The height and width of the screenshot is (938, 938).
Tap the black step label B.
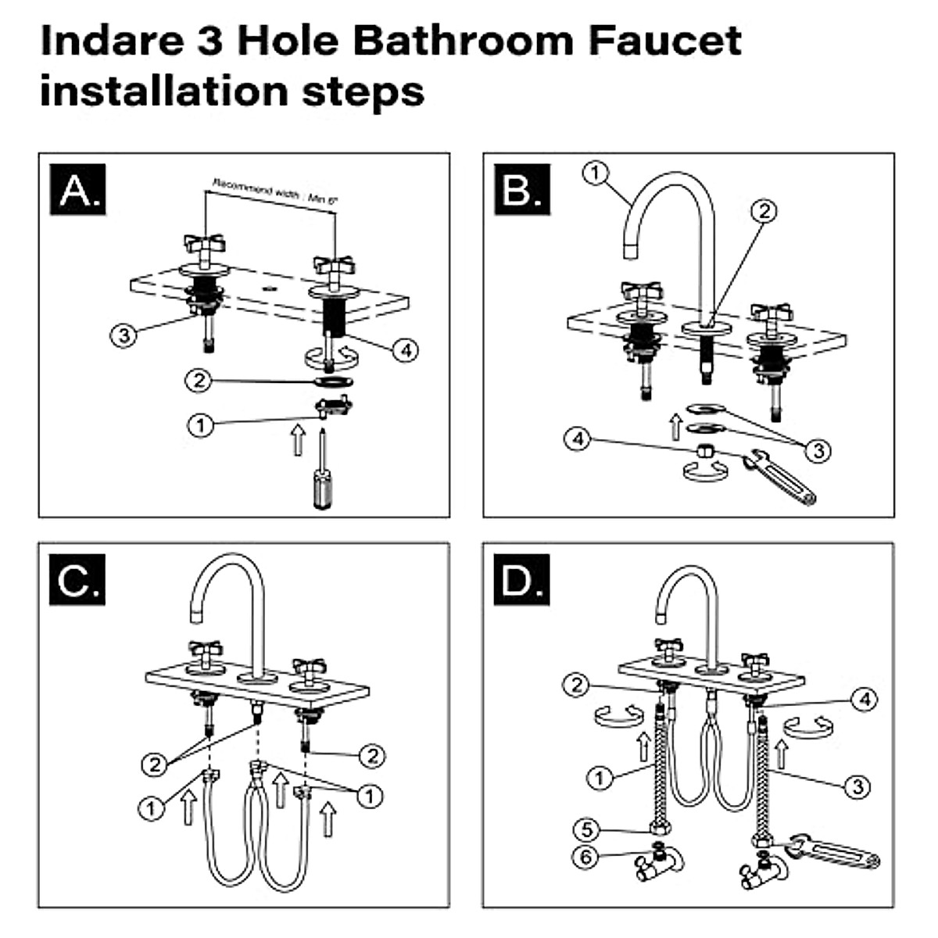point(521,190)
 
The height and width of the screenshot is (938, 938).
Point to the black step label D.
point(521,581)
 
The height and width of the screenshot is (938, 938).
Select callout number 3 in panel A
point(124,335)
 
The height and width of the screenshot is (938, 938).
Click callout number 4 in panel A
point(405,350)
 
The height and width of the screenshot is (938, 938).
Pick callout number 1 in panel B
point(596,172)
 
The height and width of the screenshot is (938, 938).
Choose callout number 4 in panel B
point(578,439)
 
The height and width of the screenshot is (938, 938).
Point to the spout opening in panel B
point(631,250)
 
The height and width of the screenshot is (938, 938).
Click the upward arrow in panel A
point(297,439)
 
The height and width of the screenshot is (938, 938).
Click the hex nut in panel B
point(703,451)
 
